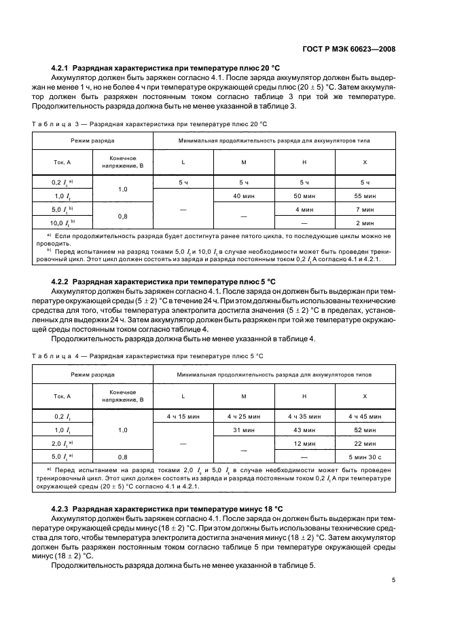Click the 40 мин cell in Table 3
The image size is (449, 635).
point(243,195)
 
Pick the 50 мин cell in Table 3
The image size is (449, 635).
point(304,195)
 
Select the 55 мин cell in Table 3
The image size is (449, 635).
point(365,195)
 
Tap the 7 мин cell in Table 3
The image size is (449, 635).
point(365,209)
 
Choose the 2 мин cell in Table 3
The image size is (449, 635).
point(365,222)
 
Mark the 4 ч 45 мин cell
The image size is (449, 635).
point(365,416)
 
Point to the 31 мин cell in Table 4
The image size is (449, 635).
point(243,429)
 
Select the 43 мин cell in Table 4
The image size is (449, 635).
point(304,429)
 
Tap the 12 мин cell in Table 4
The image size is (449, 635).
point(304,443)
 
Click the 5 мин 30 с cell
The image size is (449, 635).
point(365,457)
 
